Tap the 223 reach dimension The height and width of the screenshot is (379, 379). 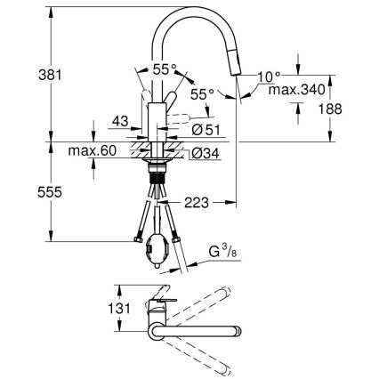point(198,204)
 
